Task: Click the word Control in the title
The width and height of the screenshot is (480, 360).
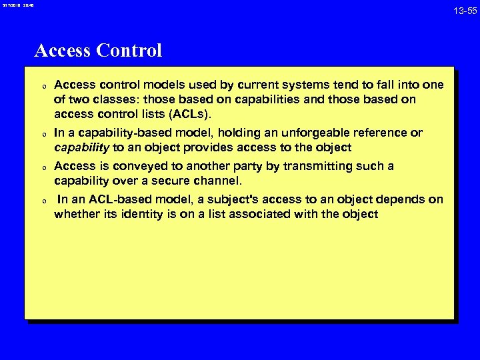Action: (129, 51)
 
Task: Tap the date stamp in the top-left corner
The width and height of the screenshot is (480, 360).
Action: (17, 6)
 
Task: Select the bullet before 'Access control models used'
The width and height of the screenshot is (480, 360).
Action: (42, 86)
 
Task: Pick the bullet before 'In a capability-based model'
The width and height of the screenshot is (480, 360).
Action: (42, 134)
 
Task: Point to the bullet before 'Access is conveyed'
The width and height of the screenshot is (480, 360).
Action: (42, 167)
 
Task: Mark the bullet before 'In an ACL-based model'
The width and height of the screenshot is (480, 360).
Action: (42, 201)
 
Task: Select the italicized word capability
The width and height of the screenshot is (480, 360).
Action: (81, 147)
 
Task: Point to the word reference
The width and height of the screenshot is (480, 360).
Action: (383, 133)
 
